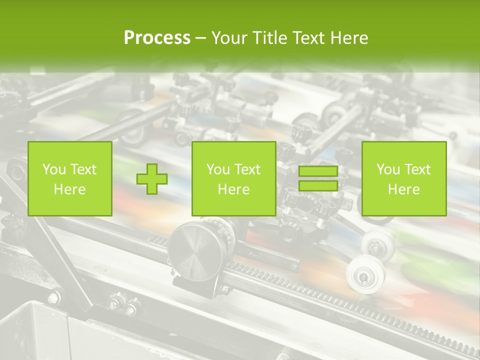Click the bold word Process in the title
[x=157, y=38]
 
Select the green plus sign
[x=152, y=178]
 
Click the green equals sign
[x=318, y=178]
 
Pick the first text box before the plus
[x=69, y=178]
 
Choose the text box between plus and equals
[x=233, y=178]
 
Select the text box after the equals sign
[x=403, y=178]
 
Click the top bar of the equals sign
[x=318, y=171]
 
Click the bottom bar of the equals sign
[x=318, y=186]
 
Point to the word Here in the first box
[x=69, y=189]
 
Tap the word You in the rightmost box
[x=388, y=169]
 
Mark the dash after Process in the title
[x=200, y=38]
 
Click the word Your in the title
[x=229, y=38]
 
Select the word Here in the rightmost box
[x=403, y=189]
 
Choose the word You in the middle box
[x=218, y=169]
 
